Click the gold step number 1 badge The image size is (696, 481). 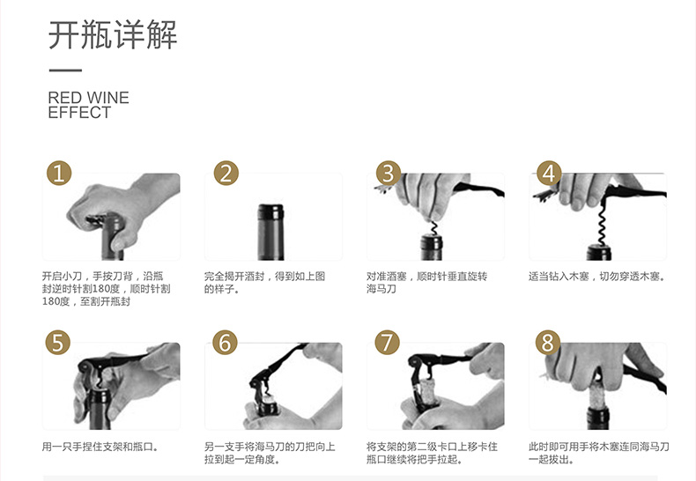tap(59, 173)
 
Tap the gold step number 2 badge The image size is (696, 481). tap(226, 173)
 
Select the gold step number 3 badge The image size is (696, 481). tap(388, 173)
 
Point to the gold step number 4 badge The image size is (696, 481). tap(550, 173)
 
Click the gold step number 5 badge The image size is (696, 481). tap(58, 343)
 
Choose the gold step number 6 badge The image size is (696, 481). tap(225, 343)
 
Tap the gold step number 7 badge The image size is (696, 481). tap(387, 343)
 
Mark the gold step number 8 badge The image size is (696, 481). tap(548, 343)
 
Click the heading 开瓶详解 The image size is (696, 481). tap(113, 34)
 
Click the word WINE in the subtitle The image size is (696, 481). tap(108, 98)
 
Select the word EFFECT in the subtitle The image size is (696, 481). tap(79, 113)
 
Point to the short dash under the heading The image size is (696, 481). tap(65, 70)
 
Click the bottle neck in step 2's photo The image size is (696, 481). tap(270, 232)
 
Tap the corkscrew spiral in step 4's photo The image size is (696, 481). tap(602, 222)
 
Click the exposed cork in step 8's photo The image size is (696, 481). tap(597, 393)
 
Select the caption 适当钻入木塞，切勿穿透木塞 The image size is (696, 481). tap(597, 277)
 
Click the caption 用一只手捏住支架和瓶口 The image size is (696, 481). tap(100, 447)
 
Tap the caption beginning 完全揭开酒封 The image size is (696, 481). tap(264, 283)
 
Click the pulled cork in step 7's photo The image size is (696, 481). tap(429, 390)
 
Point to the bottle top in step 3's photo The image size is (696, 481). tap(432, 248)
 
